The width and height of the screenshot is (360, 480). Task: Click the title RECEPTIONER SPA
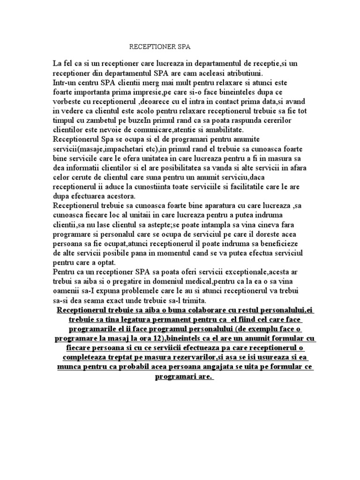click(160, 47)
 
